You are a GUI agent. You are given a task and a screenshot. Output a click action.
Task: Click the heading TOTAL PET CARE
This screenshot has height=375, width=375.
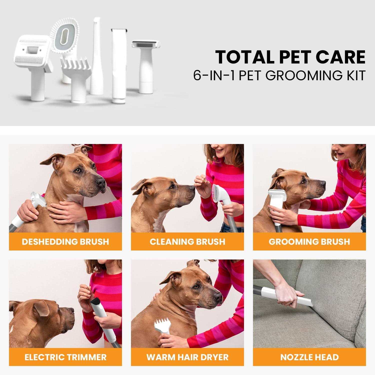coord(290,57)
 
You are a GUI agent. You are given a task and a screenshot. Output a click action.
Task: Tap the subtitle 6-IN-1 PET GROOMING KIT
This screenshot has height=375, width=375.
coord(279,76)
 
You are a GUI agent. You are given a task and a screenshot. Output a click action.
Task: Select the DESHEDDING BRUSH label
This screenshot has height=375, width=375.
coord(65,241)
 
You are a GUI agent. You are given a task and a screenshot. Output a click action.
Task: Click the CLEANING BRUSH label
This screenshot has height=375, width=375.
coord(187,241)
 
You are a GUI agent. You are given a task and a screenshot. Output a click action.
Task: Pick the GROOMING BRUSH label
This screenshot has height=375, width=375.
coord(309,241)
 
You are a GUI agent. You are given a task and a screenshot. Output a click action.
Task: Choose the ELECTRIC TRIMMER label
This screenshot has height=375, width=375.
coord(65,357)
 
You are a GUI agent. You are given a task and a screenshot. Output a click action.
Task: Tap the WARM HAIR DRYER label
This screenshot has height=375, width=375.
coord(187,357)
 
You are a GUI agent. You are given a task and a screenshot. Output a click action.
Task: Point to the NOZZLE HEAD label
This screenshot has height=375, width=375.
coord(309,357)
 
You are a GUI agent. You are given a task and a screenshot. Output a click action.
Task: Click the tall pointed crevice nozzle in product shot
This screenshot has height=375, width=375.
coord(97,57)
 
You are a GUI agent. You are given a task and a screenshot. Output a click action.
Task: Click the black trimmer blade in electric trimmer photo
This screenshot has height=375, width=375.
coord(95,299)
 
